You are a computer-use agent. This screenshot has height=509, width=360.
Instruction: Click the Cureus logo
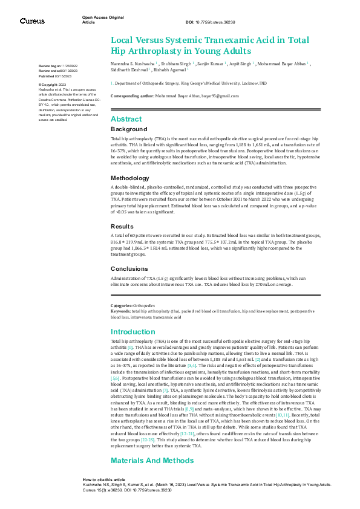(x=32, y=21)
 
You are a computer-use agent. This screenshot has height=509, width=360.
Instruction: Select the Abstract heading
(x=126, y=119)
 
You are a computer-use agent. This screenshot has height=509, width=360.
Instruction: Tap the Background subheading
(x=128, y=129)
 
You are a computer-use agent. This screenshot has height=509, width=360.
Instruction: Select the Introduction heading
(x=133, y=332)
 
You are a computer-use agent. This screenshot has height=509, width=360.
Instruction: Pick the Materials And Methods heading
(x=148, y=461)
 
